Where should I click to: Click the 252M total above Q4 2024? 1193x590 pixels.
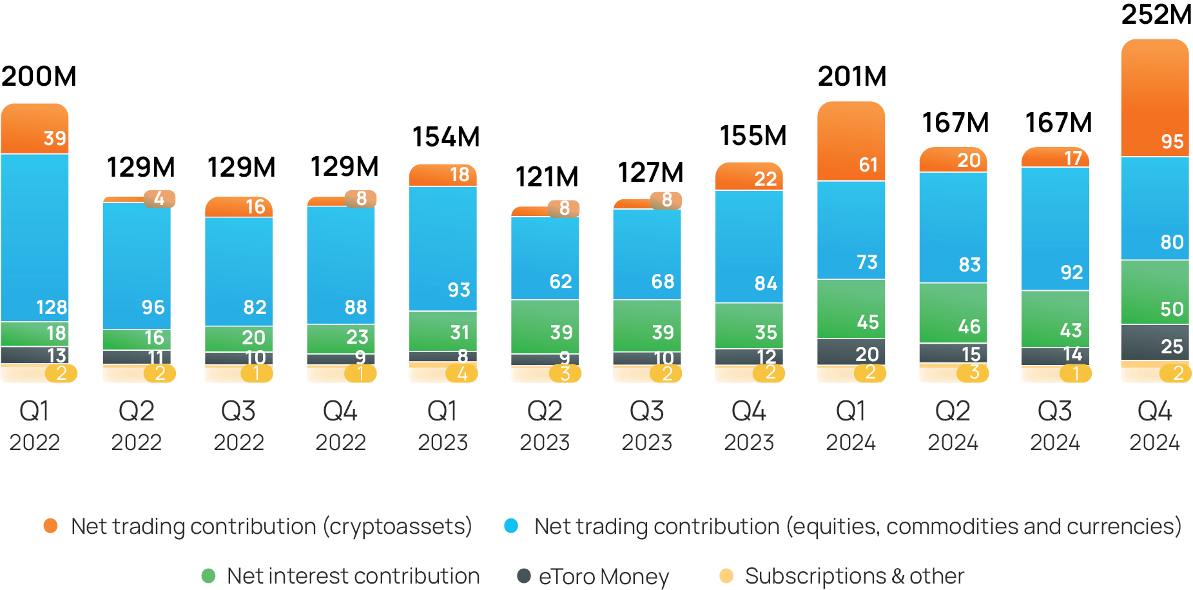[x=1156, y=15]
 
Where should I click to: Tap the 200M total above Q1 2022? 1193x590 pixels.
[x=39, y=76]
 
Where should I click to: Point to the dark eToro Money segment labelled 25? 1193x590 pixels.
[x=1155, y=342]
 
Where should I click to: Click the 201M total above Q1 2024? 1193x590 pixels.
[x=852, y=77]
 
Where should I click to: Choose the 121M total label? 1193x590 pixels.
[x=547, y=177]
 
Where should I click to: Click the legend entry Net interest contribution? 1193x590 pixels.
[x=353, y=576]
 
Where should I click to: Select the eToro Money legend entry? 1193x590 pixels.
[x=603, y=576]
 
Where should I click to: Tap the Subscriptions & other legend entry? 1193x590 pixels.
[x=854, y=576]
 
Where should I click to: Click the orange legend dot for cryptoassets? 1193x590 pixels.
[x=50, y=526]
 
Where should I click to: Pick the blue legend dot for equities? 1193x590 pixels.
[x=511, y=526]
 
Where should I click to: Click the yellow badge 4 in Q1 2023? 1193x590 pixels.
[x=461, y=373]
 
